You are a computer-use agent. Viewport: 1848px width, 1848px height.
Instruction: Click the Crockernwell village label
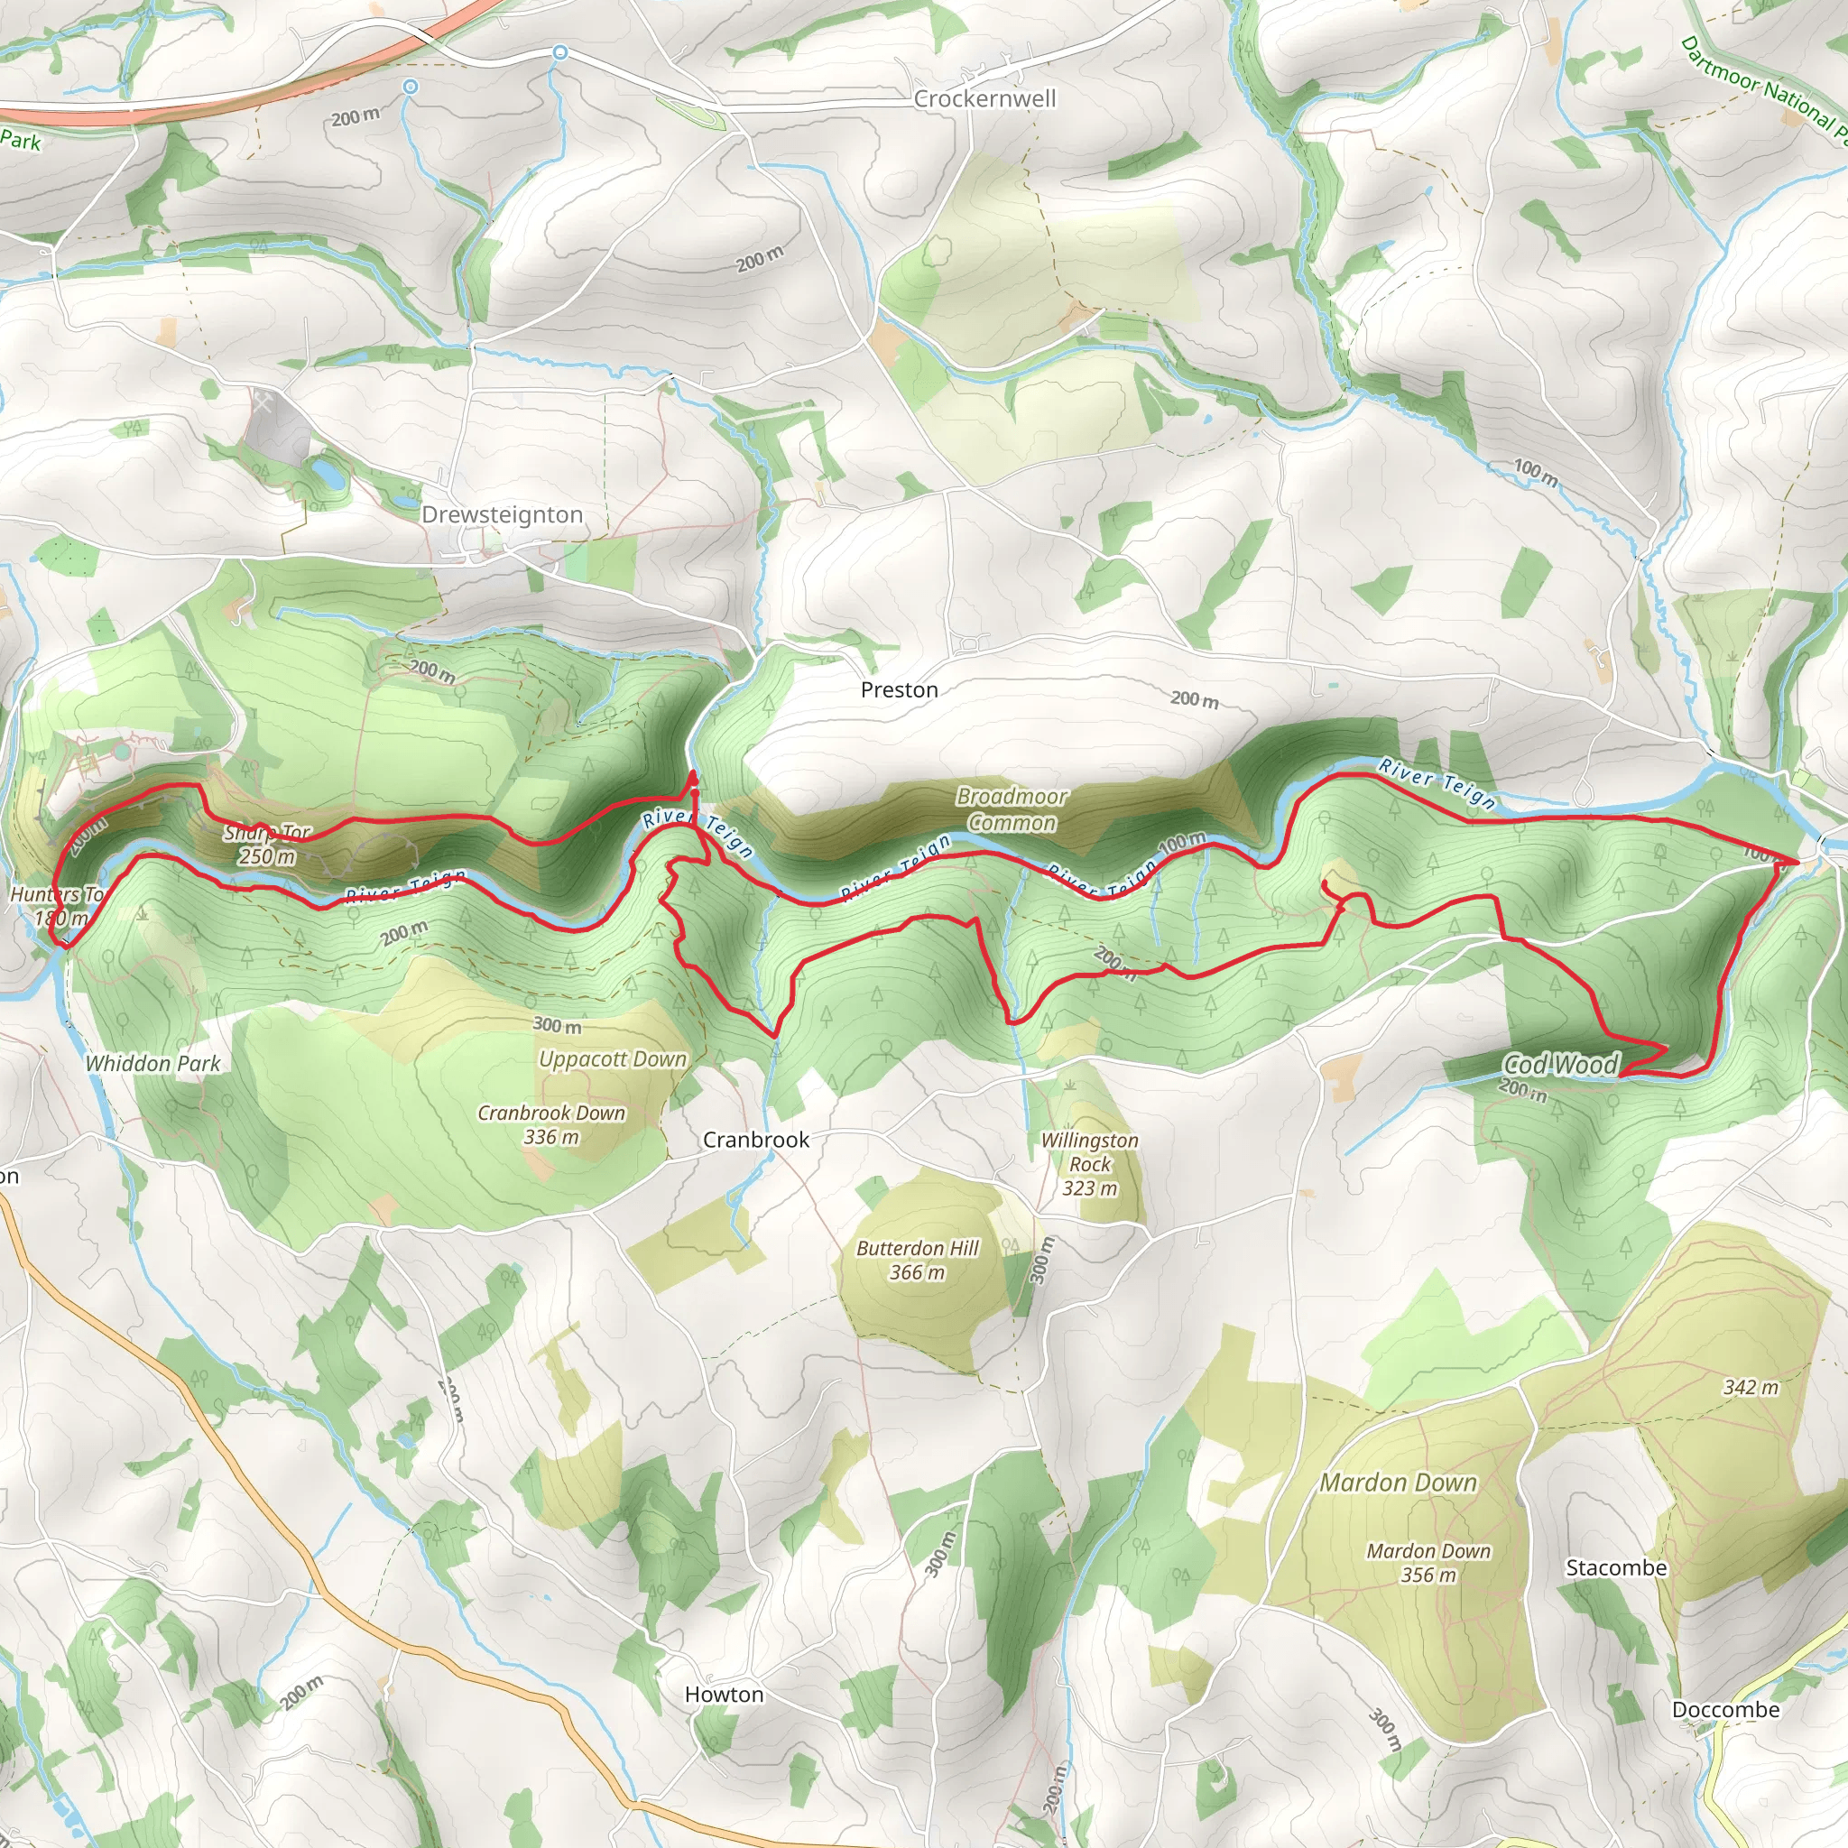pyautogui.click(x=984, y=98)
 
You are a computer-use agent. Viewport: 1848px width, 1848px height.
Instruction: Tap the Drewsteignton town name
pyautogui.click(x=503, y=514)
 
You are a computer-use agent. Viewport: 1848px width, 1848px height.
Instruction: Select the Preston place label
pyautogui.click(x=899, y=689)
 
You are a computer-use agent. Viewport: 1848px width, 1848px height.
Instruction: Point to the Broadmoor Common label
pyautogui.click(x=1012, y=809)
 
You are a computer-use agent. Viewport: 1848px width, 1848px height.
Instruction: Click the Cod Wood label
pyautogui.click(x=1561, y=1064)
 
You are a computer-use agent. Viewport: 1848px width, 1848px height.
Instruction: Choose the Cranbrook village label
pyautogui.click(x=755, y=1140)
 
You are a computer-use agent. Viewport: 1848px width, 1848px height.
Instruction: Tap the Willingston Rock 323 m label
pyautogui.click(x=1089, y=1164)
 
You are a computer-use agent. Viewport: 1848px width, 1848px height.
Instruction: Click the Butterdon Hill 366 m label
pyautogui.click(x=918, y=1260)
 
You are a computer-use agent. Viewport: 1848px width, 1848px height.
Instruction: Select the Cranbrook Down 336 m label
pyautogui.click(x=551, y=1125)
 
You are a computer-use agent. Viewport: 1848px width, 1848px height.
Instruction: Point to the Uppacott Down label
pyautogui.click(x=612, y=1058)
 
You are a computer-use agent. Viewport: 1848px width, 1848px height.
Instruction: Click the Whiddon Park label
pyautogui.click(x=153, y=1064)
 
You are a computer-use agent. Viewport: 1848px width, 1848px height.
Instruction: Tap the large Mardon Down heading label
pyautogui.click(x=1399, y=1483)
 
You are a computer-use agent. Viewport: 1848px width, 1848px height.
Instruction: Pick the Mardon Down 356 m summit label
pyautogui.click(x=1428, y=1563)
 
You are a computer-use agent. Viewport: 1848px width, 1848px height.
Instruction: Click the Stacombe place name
pyautogui.click(x=1615, y=1567)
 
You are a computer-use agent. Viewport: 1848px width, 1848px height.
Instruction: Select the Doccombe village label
pyautogui.click(x=1725, y=1709)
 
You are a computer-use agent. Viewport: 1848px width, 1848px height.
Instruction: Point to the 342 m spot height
pyautogui.click(x=1751, y=1387)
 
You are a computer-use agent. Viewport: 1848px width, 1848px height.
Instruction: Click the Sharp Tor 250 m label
pyautogui.click(x=267, y=845)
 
